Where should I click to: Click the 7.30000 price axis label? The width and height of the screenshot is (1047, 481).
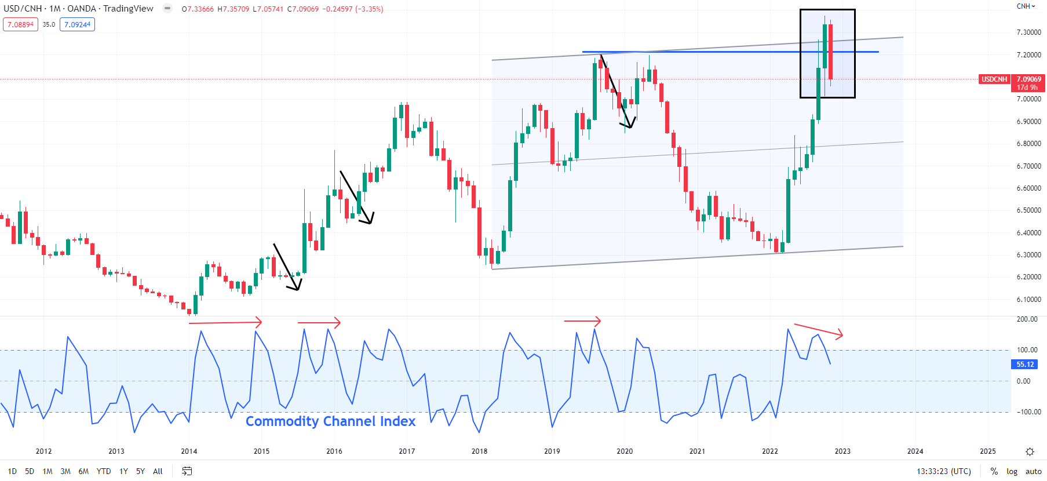tap(1028, 32)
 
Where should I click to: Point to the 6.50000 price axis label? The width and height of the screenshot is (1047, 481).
tap(1028, 210)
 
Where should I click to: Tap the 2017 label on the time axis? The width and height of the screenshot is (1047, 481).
tap(407, 451)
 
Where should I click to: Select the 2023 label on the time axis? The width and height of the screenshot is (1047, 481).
tap(842, 451)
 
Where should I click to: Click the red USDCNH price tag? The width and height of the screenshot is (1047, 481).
tap(994, 79)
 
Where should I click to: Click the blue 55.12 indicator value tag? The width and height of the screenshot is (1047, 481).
tap(1025, 365)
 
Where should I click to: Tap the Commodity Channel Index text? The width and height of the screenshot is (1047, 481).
tap(330, 421)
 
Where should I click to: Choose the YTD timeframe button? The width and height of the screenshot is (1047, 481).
tap(104, 471)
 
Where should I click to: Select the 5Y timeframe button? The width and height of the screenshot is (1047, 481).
tap(140, 471)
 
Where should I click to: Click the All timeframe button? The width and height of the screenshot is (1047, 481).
tap(158, 471)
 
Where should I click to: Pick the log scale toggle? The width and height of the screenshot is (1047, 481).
tap(1012, 471)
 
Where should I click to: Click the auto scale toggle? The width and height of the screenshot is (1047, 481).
tap(1033, 471)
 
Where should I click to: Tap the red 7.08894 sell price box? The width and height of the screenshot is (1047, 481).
tap(20, 24)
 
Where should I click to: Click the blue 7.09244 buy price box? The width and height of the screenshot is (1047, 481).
tap(77, 24)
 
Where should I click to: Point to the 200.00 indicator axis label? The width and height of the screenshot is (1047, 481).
tap(1027, 319)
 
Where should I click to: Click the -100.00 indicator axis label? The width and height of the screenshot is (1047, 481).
tap(1027, 412)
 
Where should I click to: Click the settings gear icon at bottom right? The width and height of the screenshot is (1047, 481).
tap(1030, 451)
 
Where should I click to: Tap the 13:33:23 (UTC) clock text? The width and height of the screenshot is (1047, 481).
tap(943, 471)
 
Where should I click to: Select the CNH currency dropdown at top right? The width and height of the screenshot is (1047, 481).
tap(1026, 6)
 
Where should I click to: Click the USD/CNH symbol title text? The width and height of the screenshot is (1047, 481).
tap(23, 9)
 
